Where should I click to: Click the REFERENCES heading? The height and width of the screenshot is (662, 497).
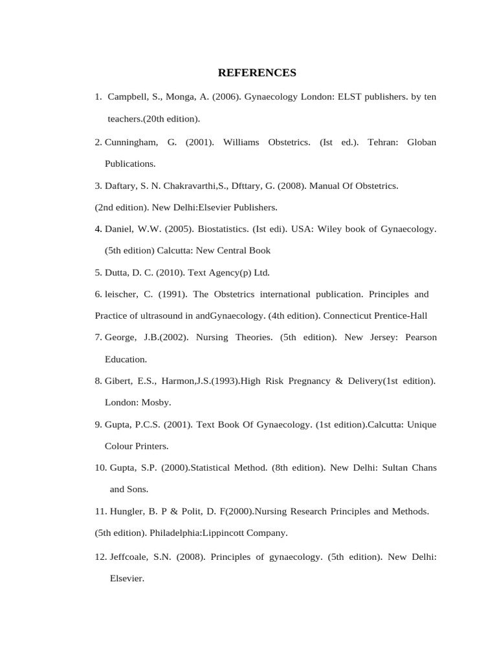(x=257, y=72)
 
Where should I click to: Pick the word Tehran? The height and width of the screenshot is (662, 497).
(x=382, y=142)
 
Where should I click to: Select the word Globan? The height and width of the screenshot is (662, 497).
(x=421, y=142)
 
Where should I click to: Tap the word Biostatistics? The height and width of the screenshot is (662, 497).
(x=201, y=230)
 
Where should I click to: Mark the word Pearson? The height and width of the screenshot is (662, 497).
(x=421, y=337)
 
